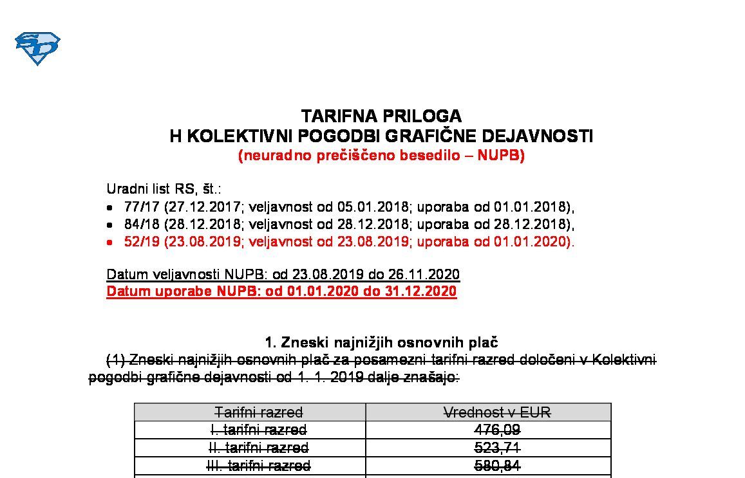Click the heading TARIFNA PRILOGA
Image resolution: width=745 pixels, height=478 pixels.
click(x=381, y=116)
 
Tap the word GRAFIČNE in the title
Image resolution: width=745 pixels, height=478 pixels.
click(x=431, y=136)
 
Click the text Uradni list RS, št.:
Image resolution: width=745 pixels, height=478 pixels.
click(x=164, y=190)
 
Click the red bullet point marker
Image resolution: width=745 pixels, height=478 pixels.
click(x=110, y=243)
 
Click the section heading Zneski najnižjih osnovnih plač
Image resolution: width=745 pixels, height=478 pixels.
click(x=390, y=343)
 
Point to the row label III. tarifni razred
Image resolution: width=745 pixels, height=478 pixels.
click(x=259, y=465)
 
